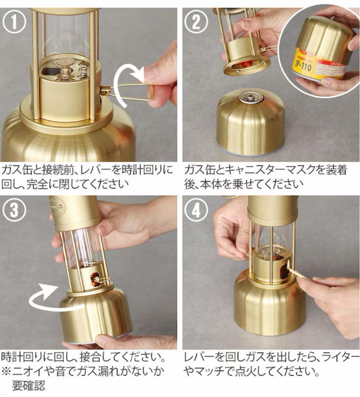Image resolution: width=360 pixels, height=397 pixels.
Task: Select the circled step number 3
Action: pyautogui.click(x=15, y=210)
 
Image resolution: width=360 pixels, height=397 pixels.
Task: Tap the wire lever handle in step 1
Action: pyautogui.click(x=129, y=92)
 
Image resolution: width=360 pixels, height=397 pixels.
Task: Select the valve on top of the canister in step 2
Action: pyautogui.click(x=251, y=98)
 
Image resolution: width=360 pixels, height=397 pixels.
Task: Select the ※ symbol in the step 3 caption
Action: pyautogui.click(x=7, y=371)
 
